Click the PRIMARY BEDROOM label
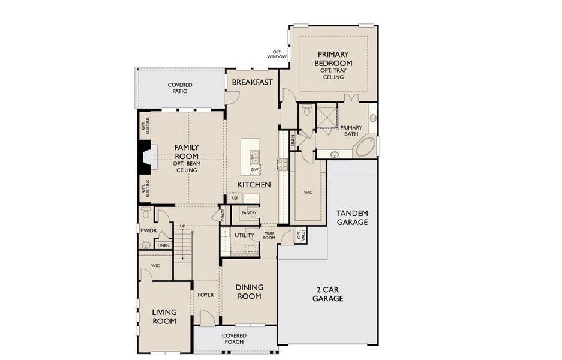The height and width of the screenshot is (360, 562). [x=333, y=59]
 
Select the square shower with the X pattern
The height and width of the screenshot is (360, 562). [x=327, y=115]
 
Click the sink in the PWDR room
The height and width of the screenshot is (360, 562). [x=145, y=244]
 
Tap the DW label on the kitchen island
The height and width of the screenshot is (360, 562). [x=254, y=170]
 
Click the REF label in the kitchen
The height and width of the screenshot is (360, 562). [x=235, y=197]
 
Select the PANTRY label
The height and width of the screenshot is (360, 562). [x=249, y=213]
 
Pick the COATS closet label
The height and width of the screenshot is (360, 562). [x=223, y=215]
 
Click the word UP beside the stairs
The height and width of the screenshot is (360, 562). [x=182, y=226]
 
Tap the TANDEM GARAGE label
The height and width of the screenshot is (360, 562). [x=352, y=217]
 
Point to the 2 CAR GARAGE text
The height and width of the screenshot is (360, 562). [x=327, y=293]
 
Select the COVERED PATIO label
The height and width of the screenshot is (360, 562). [x=179, y=88]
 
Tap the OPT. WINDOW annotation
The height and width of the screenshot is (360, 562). [x=277, y=55]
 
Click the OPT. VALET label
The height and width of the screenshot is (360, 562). [x=300, y=236]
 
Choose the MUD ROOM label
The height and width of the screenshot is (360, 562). [x=268, y=236]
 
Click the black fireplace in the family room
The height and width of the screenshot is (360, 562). [x=145, y=157]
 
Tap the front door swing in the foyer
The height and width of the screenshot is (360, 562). [x=207, y=319]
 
